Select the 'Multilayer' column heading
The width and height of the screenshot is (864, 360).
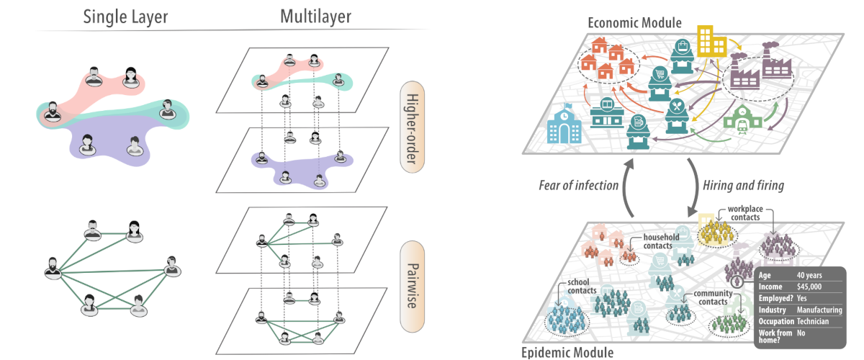tap(317, 16)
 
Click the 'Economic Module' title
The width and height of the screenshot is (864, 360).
tap(634, 22)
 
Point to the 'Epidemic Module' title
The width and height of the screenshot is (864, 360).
tap(567, 352)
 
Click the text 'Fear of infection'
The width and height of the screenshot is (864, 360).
tap(579, 185)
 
